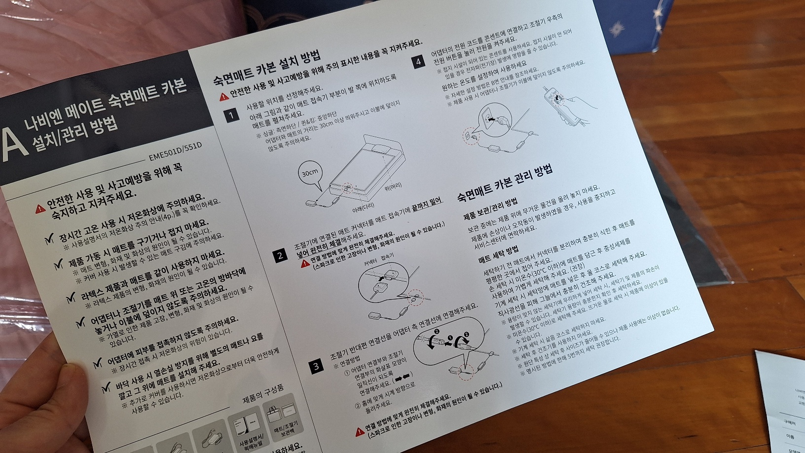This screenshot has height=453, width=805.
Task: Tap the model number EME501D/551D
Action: [x=176, y=151]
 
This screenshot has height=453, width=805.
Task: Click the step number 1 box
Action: [x=231, y=116]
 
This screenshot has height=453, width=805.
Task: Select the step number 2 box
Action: [x=280, y=255]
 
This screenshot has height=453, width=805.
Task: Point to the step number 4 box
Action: [x=419, y=62]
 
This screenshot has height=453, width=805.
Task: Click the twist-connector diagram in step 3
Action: [x=449, y=340]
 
